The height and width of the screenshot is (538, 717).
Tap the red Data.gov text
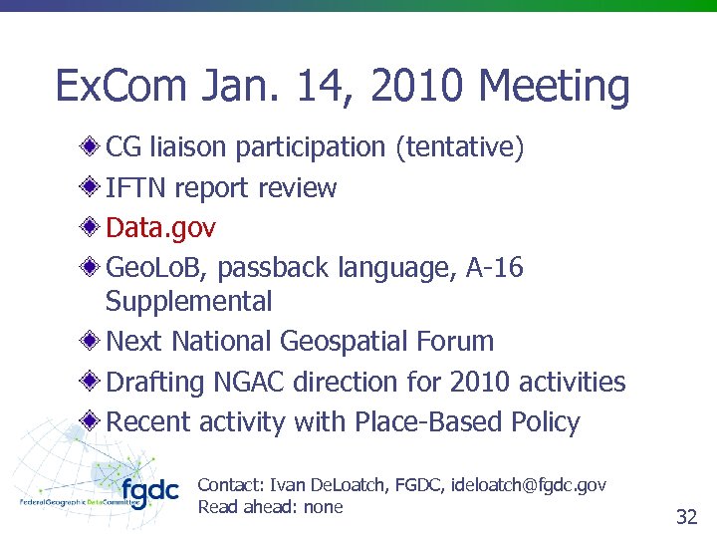pyautogui.click(x=160, y=228)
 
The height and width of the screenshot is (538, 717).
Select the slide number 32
pyautogui.click(x=686, y=516)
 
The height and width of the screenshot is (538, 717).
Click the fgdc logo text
pyautogui.click(x=149, y=492)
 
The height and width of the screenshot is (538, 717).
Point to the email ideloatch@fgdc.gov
pyautogui.click(x=528, y=485)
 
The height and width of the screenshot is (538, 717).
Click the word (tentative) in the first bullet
pyautogui.click(x=459, y=147)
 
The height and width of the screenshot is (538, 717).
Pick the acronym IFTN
pyautogui.click(x=139, y=188)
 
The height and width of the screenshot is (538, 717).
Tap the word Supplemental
pyautogui.click(x=188, y=301)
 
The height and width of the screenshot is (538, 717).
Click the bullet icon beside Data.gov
pyautogui.click(x=90, y=227)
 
